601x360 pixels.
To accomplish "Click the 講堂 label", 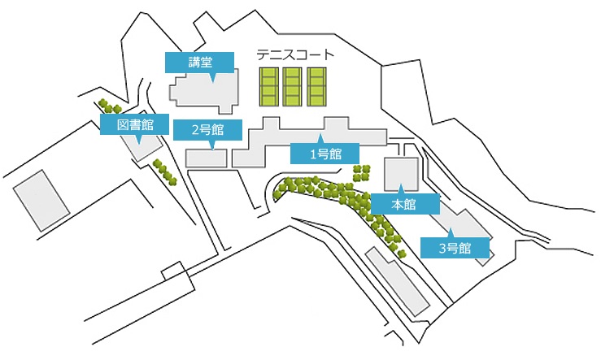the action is pyautogui.click(x=199, y=63).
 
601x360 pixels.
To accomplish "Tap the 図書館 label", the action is pyautogui.click(x=134, y=124).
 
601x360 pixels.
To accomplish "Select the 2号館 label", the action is pyautogui.click(x=207, y=130).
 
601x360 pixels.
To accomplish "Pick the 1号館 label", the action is pyautogui.click(x=324, y=154).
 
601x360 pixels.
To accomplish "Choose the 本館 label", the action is pyautogui.click(x=405, y=204).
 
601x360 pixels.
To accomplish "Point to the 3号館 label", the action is pyautogui.click(x=455, y=248).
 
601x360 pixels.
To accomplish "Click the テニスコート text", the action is pyautogui.click(x=295, y=54).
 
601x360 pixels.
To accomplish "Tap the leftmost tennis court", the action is pyautogui.click(x=269, y=87).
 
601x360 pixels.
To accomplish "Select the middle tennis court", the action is pyautogui.click(x=293, y=87).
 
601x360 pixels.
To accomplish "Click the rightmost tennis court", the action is pyautogui.click(x=316, y=87).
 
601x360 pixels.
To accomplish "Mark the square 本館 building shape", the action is pyautogui.click(x=401, y=174).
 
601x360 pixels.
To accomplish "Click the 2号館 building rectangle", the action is pyautogui.click(x=207, y=158).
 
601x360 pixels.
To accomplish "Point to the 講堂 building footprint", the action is pyautogui.click(x=205, y=91).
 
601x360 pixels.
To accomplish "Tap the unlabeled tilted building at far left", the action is pyautogui.click(x=41, y=201).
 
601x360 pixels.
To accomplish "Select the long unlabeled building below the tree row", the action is pyautogui.click(x=397, y=281).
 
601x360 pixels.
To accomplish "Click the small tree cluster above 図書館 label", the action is pyautogui.click(x=110, y=106).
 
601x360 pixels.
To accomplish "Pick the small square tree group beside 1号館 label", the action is pyautogui.click(x=362, y=173).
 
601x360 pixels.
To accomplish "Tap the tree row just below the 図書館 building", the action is pyautogui.click(x=165, y=172).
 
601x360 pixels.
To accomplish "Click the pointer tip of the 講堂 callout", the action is pyautogui.click(x=213, y=82).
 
